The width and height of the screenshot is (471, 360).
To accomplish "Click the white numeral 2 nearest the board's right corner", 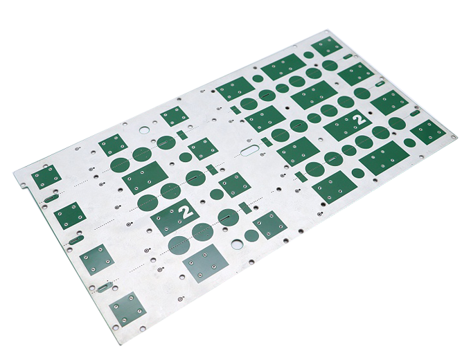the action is click(359, 119).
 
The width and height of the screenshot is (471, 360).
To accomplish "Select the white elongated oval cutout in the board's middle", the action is click(250, 151).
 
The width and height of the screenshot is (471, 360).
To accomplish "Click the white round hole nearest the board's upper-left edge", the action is click(145, 130).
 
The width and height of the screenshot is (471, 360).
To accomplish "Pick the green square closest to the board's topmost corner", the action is click(326, 46).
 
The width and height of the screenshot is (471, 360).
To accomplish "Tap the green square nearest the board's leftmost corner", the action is click(46, 177).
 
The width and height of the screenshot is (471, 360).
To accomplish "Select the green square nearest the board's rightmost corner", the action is click(428, 132).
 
